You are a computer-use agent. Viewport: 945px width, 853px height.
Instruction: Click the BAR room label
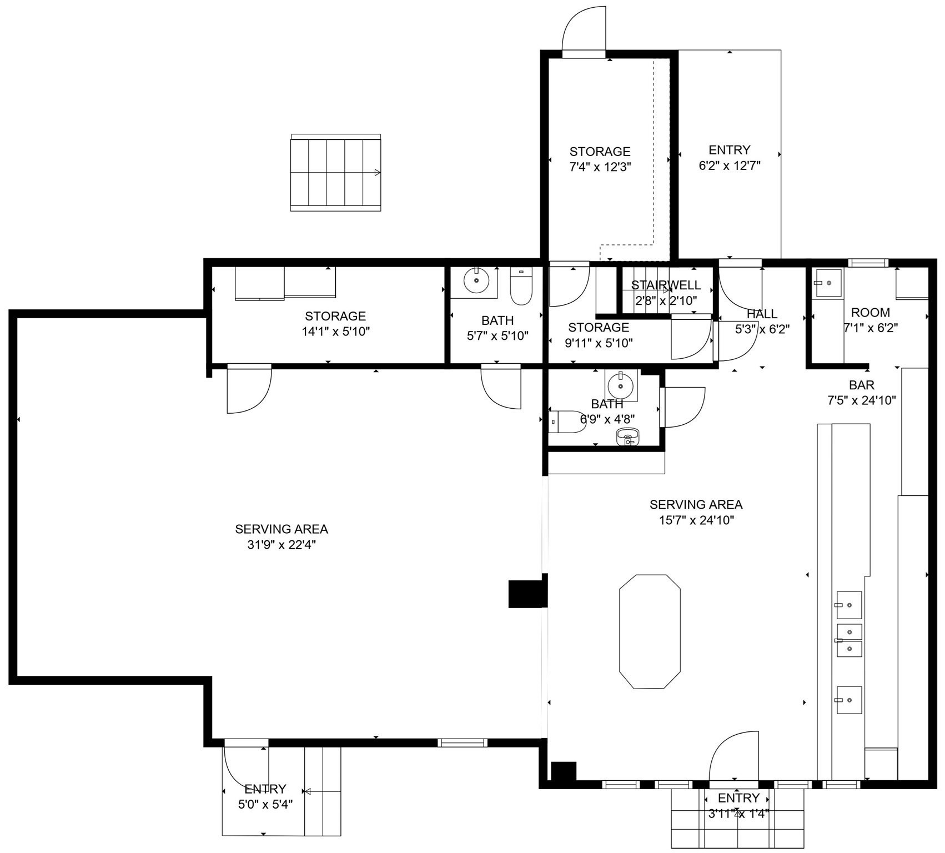(x=861, y=385)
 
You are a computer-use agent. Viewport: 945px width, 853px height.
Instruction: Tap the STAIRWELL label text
(x=666, y=285)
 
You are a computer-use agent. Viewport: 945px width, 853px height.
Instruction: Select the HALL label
(x=762, y=314)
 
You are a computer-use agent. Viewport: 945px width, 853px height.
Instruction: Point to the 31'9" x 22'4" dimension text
(x=282, y=545)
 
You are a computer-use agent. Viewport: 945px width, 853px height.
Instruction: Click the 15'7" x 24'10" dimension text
(x=696, y=520)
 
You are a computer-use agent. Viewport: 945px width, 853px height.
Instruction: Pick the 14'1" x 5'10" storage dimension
(x=335, y=332)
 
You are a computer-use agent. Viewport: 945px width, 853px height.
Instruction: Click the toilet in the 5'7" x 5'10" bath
(x=521, y=287)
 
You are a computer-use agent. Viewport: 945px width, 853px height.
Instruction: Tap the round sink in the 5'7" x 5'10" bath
(x=476, y=281)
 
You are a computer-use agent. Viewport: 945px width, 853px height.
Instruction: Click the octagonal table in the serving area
(x=650, y=631)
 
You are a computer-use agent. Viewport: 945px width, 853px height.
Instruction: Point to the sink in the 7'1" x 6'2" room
(x=827, y=283)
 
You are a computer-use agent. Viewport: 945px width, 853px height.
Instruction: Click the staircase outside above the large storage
(x=336, y=173)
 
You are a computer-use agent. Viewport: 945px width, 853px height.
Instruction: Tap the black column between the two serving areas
(x=526, y=594)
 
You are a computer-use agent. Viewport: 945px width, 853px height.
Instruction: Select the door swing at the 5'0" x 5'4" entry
(x=245, y=769)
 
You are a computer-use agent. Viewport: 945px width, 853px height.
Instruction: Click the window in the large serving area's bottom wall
(x=462, y=742)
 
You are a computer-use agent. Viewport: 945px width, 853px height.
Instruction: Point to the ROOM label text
(x=870, y=313)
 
